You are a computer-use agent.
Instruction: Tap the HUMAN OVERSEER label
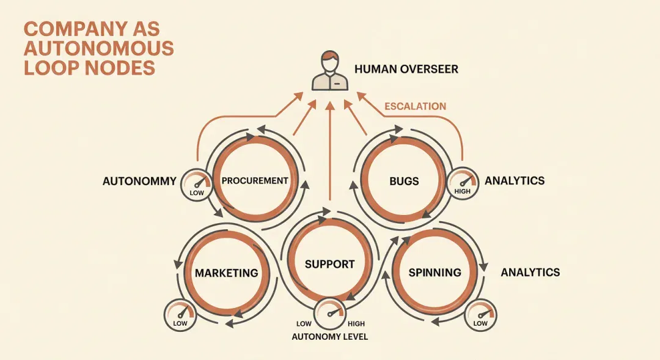tap(406, 69)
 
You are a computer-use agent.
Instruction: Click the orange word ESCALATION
tap(415, 106)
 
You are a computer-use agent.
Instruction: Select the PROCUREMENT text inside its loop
tap(255, 181)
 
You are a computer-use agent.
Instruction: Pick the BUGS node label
tap(404, 182)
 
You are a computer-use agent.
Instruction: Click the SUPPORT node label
tap(329, 265)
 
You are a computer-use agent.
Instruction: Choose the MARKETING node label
tap(227, 273)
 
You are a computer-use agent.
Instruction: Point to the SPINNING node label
tap(435, 273)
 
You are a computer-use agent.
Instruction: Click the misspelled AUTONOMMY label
tap(139, 181)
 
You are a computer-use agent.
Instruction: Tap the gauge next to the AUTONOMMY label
tap(197, 185)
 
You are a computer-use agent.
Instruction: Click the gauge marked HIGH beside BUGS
tap(463, 183)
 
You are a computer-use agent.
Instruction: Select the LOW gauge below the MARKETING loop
tap(180, 315)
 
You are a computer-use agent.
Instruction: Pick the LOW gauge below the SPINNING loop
tap(480, 315)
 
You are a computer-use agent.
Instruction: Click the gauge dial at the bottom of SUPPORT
tap(329, 314)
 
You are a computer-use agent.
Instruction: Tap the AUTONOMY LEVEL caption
tap(329, 337)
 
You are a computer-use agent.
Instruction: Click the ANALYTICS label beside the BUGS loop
tap(515, 181)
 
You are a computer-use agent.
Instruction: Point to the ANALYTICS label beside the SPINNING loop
tap(530, 273)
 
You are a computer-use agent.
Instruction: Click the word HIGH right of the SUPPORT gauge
tap(356, 324)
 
